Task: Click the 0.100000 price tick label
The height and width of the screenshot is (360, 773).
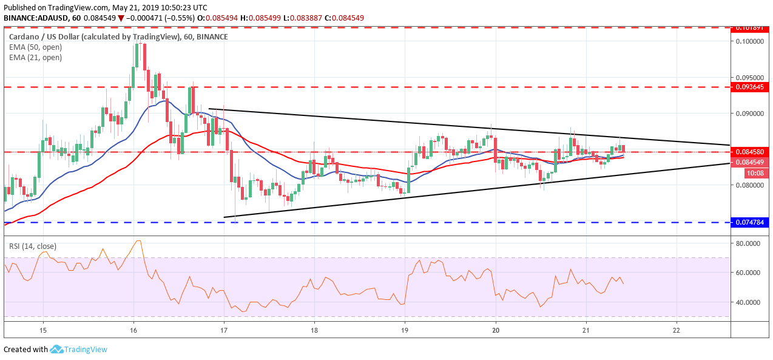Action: click(x=749, y=41)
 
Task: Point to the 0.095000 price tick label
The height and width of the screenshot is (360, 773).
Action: click(x=749, y=78)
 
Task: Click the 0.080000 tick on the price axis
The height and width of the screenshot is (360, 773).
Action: click(x=749, y=185)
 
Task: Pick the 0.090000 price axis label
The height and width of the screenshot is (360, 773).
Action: click(x=749, y=114)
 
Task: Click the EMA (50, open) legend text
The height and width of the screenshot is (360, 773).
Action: click(x=35, y=47)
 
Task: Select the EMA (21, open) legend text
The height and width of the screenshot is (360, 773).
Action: click(x=35, y=58)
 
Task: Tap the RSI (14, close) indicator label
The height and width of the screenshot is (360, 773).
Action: click(x=32, y=246)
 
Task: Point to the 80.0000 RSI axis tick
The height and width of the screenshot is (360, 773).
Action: click(x=749, y=243)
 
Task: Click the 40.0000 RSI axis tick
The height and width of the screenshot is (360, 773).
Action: click(x=749, y=302)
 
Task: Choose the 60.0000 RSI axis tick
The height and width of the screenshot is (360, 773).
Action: click(x=749, y=273)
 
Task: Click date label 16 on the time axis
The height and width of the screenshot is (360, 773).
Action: click(x=133, y=330)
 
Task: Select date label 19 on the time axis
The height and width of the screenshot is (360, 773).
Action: click(x=405, y=330)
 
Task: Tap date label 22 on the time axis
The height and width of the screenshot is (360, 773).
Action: click(x=677, y=330)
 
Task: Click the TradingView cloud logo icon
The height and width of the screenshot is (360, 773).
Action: click(x=57, y=349)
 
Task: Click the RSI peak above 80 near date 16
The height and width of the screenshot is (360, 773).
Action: click(x=138, y=241)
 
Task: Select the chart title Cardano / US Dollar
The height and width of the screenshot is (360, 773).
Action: click(x=94, y=37)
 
